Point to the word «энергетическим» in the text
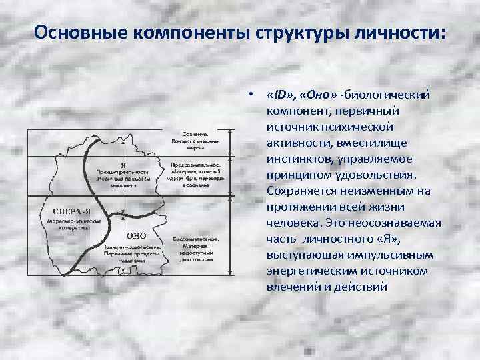[x=312, y=271]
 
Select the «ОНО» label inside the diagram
[x=137, y=235]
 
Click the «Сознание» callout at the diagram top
[x=195, y=133]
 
